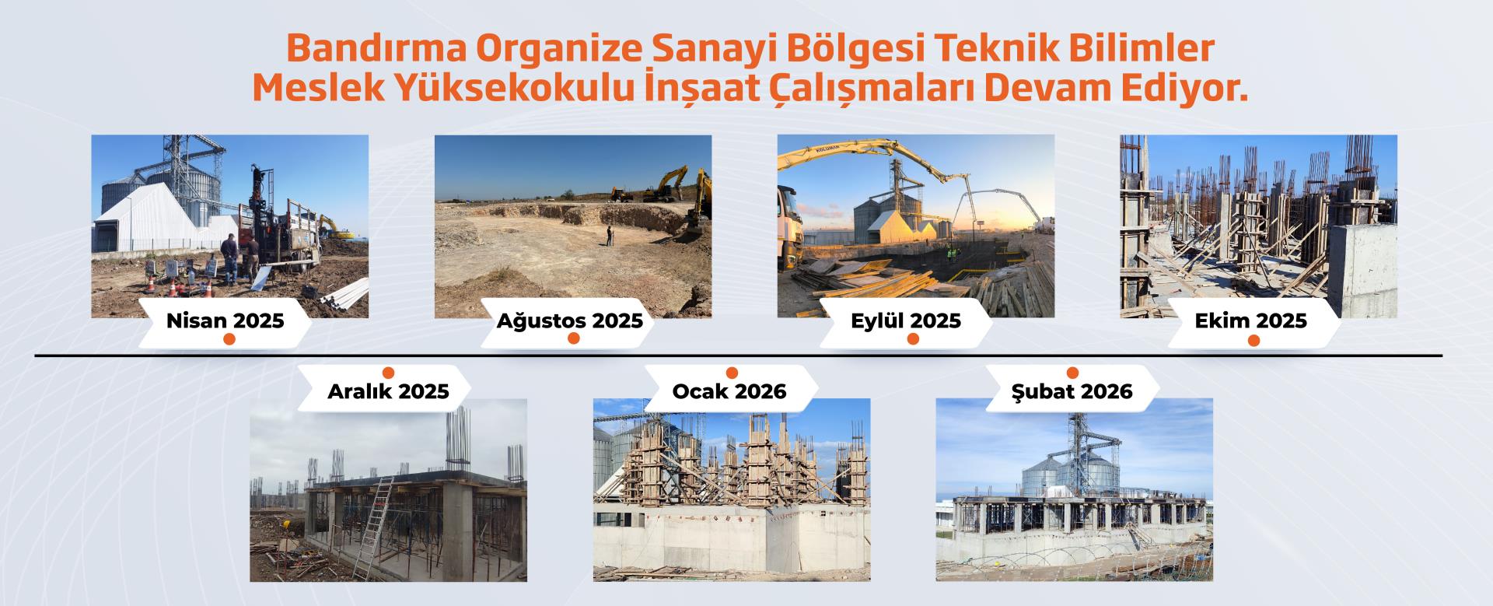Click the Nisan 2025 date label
point(225,320)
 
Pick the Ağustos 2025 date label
point(571,320)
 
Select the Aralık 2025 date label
point(388,391)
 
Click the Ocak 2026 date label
point(729,391)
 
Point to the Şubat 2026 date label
point(1072,391)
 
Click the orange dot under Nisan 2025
point(228,340)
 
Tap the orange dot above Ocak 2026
point(731,372)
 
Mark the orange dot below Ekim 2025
point(1253,340)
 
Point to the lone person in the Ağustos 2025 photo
point(609,236)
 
